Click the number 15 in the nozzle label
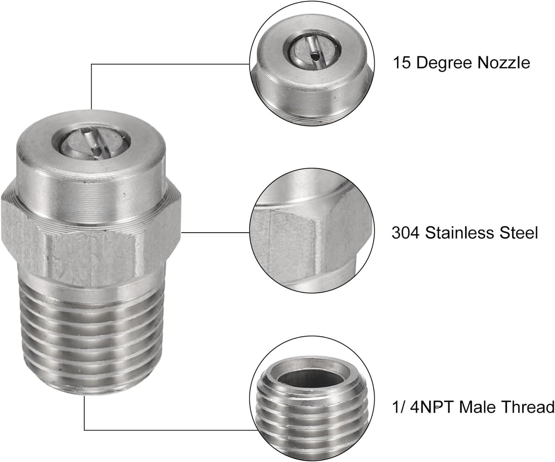click(x=402, y=63)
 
